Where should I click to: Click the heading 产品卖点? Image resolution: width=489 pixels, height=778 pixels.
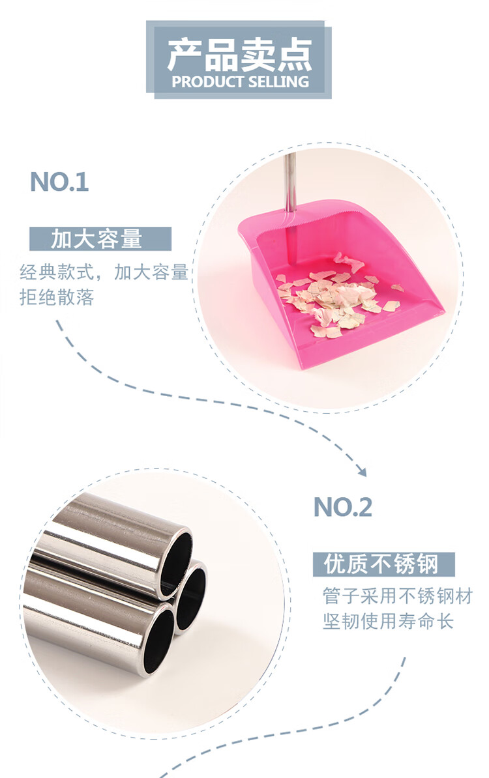click(239, 55)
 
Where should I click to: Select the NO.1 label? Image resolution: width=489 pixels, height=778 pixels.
click(59, 182)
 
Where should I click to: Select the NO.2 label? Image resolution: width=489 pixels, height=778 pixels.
click(342, 506)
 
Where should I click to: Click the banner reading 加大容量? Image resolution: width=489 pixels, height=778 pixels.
click(100, 239)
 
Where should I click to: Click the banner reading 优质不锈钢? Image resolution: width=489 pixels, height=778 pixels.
click(383, 564)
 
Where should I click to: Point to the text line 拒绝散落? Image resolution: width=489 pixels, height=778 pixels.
click(57, 297)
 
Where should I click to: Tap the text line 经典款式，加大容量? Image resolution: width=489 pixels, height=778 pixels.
click(104, 272)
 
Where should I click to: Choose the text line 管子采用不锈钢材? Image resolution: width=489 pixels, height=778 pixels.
click(397, 596)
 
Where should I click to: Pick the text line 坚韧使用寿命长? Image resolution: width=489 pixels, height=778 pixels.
click(388, 621)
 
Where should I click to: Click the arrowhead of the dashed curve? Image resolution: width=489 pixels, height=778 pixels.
click(361, 470)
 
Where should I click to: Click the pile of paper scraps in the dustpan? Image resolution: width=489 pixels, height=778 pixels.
click(333, 296)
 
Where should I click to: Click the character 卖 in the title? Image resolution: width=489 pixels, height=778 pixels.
click(258, 55)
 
